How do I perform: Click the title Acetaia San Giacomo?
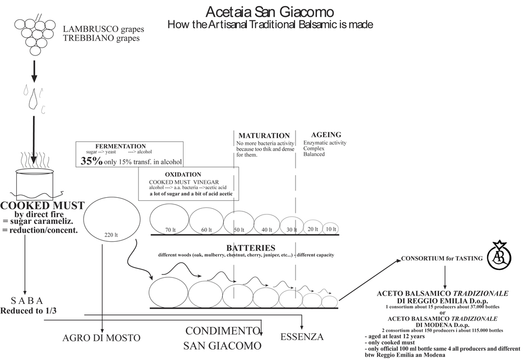(x=269, y=12)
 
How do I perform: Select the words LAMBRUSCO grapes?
(x=103, y=29)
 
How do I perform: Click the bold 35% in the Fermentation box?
(x=92, y=161)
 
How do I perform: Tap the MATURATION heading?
(x=264, y=136)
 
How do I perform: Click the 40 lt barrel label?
(x=267, y=229)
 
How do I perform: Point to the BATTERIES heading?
(x=251, y=248)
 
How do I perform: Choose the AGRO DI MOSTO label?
(x=101, y=338)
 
